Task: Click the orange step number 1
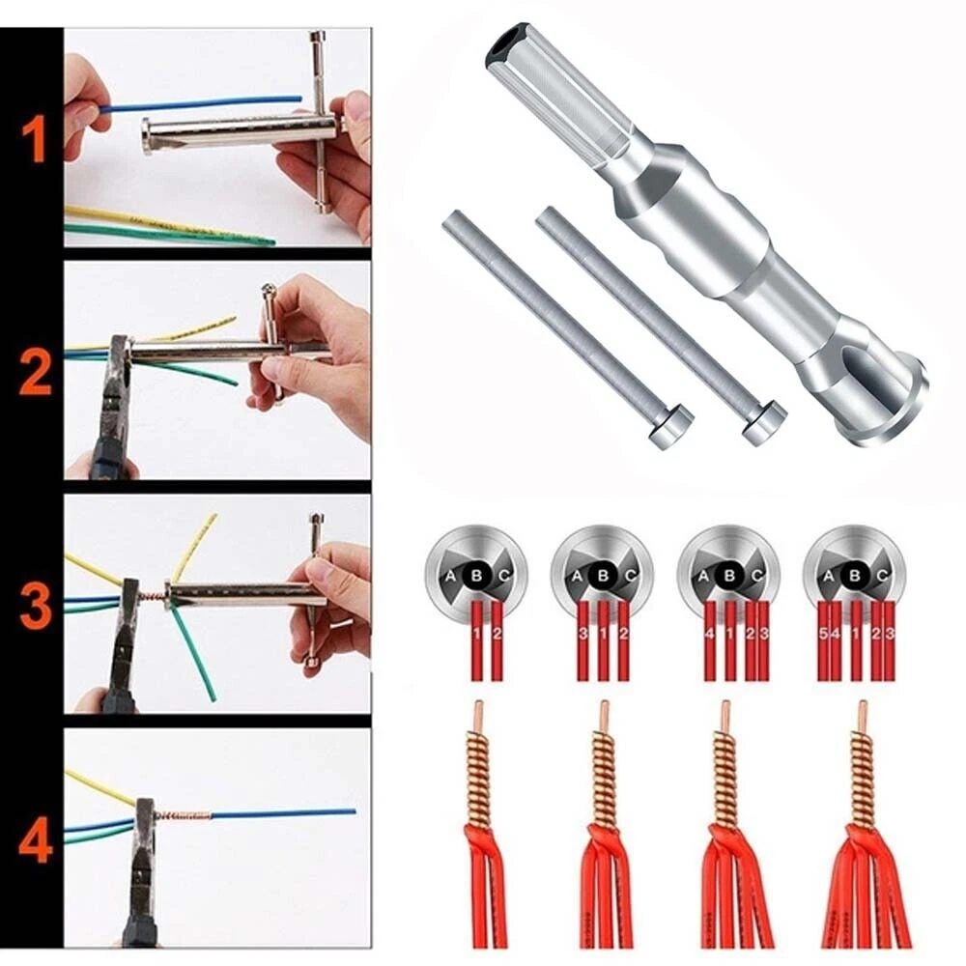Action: [x=33, y=138]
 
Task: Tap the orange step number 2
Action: [x=35, y=374]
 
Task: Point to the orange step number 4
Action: [x=35, y=838]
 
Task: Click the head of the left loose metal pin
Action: [x=671, y=426]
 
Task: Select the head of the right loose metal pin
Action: [x=764, y=423]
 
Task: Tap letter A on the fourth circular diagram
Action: [x=828, y=576]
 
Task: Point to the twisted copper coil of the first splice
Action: [x=477, y=773]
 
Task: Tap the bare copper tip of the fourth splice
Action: [x=859, y=715]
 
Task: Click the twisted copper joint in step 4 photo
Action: [x=182, y=815]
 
